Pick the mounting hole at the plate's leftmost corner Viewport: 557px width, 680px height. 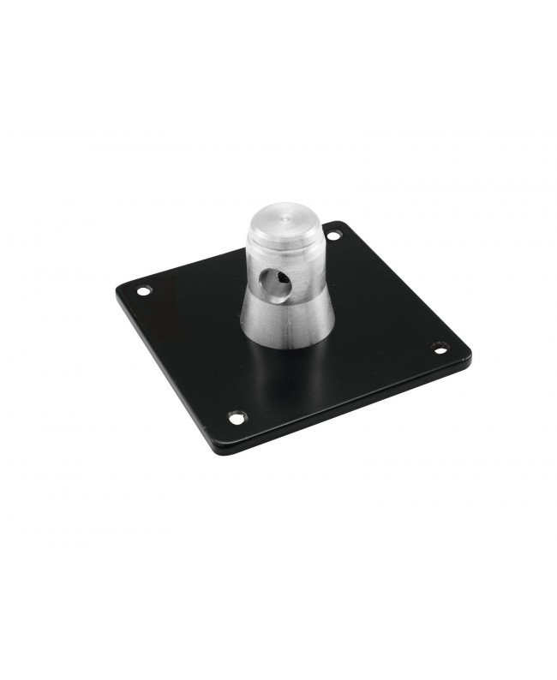[143, 291]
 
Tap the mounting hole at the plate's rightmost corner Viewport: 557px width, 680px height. [440, 348]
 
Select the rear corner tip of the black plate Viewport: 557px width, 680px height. [342, 223]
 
